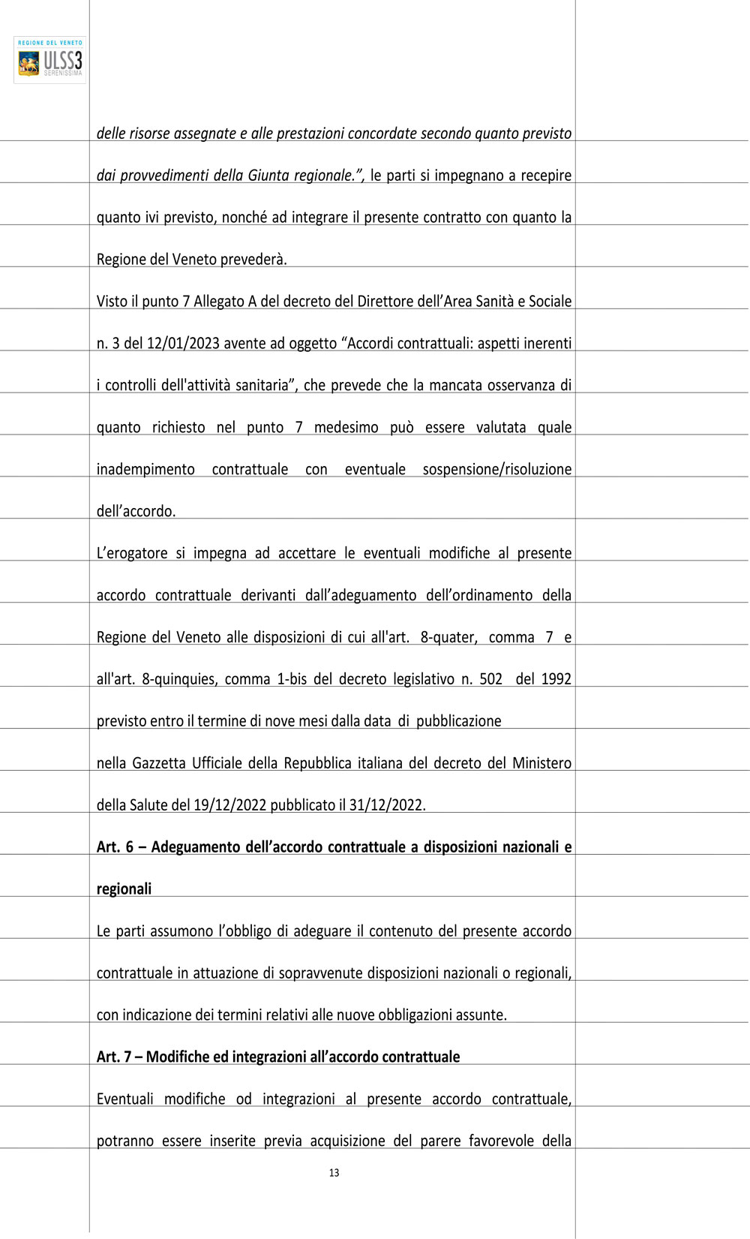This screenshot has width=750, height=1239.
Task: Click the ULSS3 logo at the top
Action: click(x=50, y=60)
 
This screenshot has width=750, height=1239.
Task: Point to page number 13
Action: click(x=334, y=1173)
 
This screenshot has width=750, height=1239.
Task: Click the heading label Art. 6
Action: click(x=115, y=847)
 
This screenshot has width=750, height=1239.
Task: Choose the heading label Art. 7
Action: click(x=114, y=1057)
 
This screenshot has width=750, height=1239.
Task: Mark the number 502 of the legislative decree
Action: click(x=490, y=679)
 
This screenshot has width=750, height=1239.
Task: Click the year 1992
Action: click(x=556, y=679)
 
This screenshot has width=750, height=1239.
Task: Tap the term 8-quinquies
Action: click(x=178, y=679)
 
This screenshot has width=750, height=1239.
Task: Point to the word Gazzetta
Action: click(x=158, y=763)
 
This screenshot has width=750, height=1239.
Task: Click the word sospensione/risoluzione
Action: click(x=496, y=470)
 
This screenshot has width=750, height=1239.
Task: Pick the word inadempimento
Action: click(x=145, y=470)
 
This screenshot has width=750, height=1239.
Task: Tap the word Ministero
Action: click(x=541, y=763)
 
